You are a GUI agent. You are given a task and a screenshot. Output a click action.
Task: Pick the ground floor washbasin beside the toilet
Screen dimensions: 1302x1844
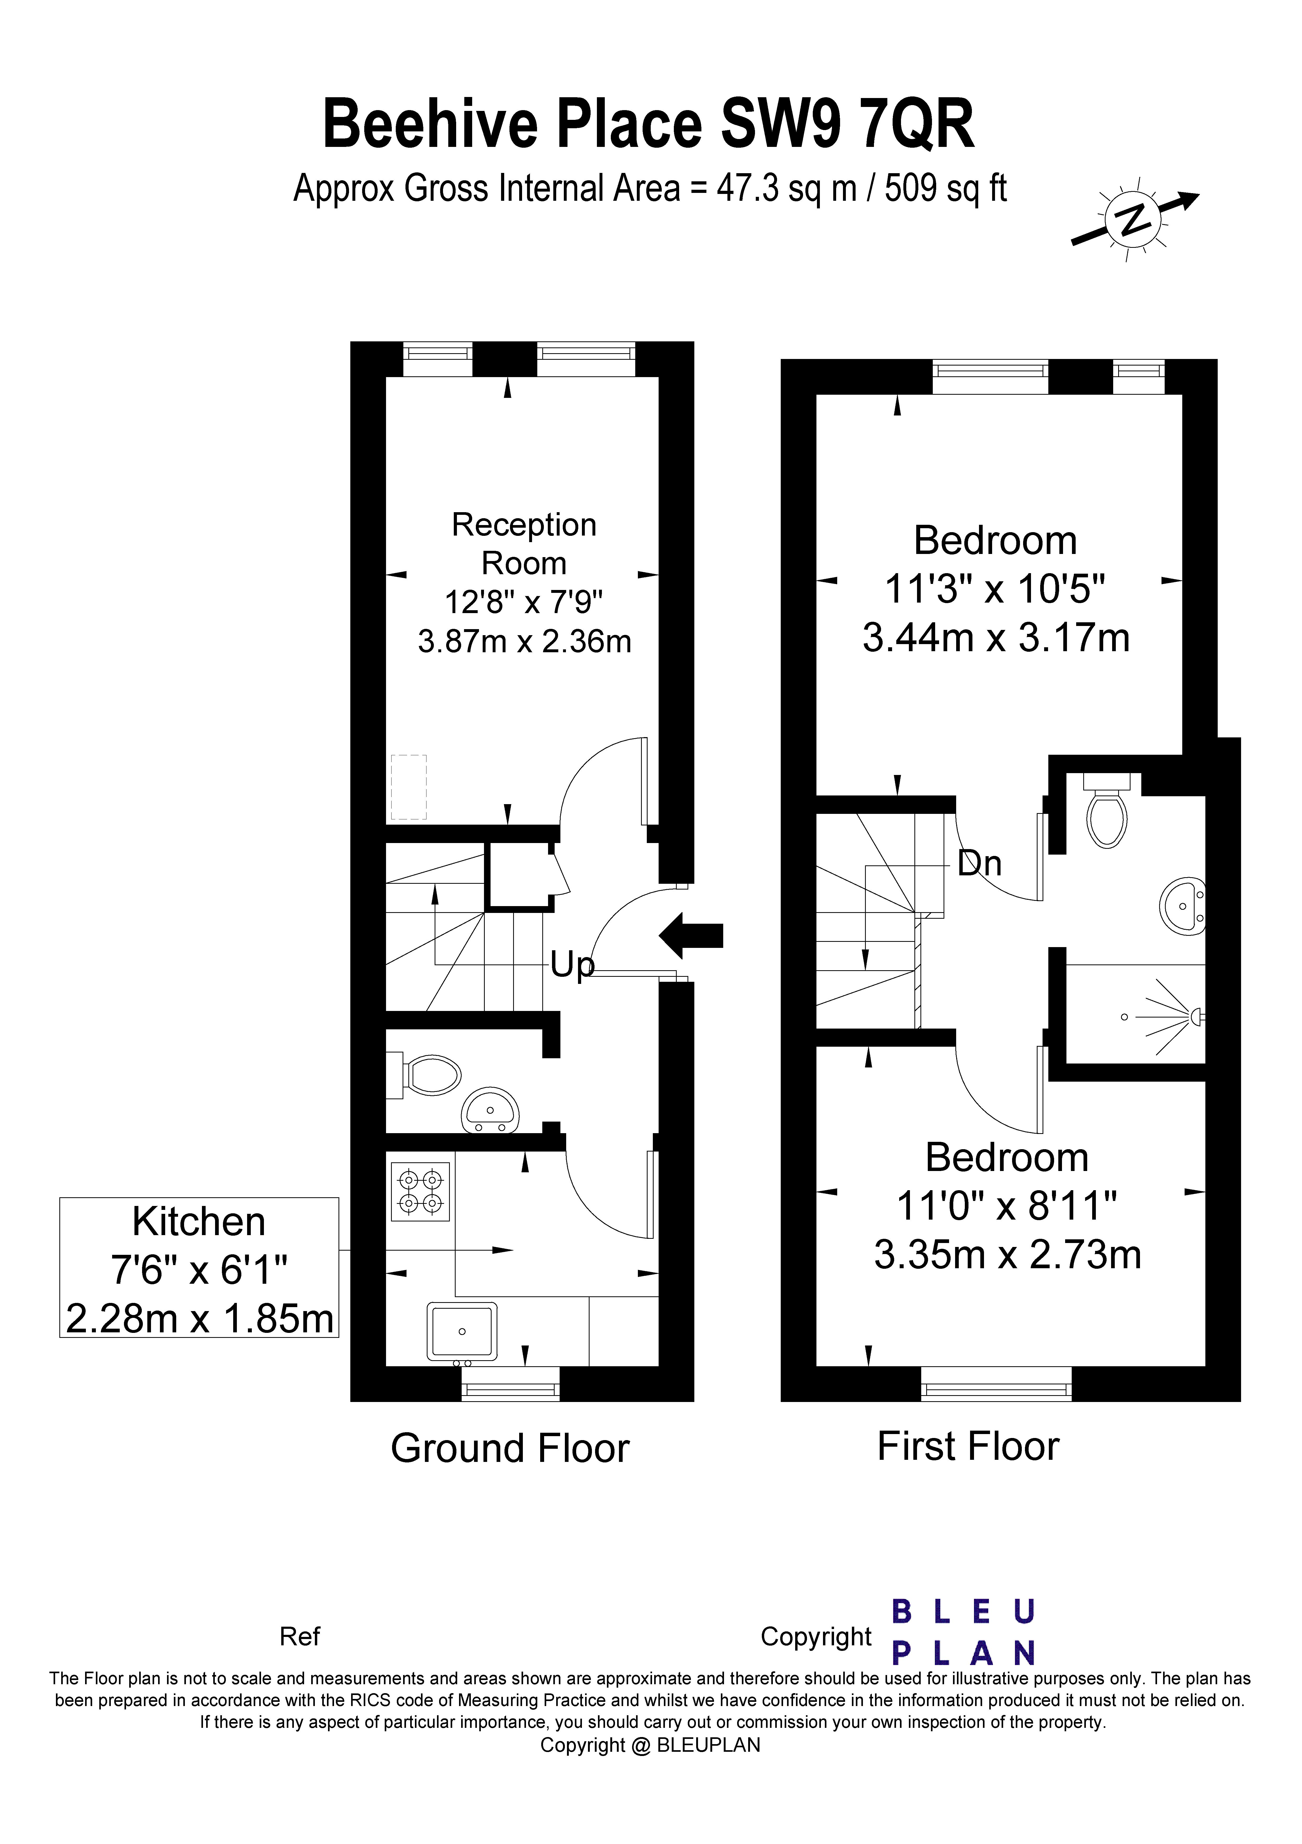(x=490, y=1111)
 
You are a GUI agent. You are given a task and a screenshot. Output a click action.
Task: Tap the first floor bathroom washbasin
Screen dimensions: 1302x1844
(x=1183, y=906)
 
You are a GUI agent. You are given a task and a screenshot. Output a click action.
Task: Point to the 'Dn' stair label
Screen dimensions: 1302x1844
(x=979, y=863)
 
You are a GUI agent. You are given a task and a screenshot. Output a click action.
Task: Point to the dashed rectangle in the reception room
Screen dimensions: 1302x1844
(x=409, y=787)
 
